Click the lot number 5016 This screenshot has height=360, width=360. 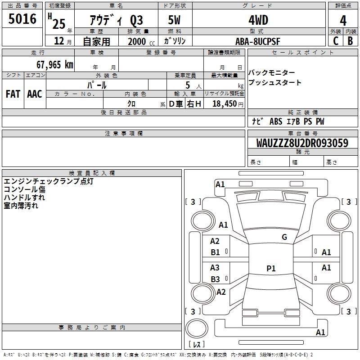[22, 19]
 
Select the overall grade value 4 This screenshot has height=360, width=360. [343, 21]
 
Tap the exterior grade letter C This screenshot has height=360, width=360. [336, 41]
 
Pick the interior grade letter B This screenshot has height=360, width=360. [350, 41]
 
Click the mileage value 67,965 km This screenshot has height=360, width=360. [55, 65]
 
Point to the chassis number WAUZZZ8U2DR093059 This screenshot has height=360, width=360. [302, 143]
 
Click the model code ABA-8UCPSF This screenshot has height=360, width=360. [257, 41]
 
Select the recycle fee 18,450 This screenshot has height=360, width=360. [225, 104]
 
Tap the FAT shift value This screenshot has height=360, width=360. [13, 94]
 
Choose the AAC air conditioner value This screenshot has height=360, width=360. [35, 94]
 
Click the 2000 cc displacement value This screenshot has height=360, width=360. [141, 41]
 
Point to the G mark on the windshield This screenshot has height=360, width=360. [284, 237]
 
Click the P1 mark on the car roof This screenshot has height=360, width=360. [271, 268]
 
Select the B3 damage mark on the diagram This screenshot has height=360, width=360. [215, 279]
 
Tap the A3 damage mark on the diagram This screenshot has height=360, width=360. [215, 267]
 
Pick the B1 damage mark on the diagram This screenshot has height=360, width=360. [215, 252]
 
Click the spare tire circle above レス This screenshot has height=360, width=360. [197, 328]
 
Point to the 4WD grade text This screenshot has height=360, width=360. [258, 20]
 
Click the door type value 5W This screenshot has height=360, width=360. [174, 20]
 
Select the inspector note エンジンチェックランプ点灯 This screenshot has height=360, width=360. [49, 181]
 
